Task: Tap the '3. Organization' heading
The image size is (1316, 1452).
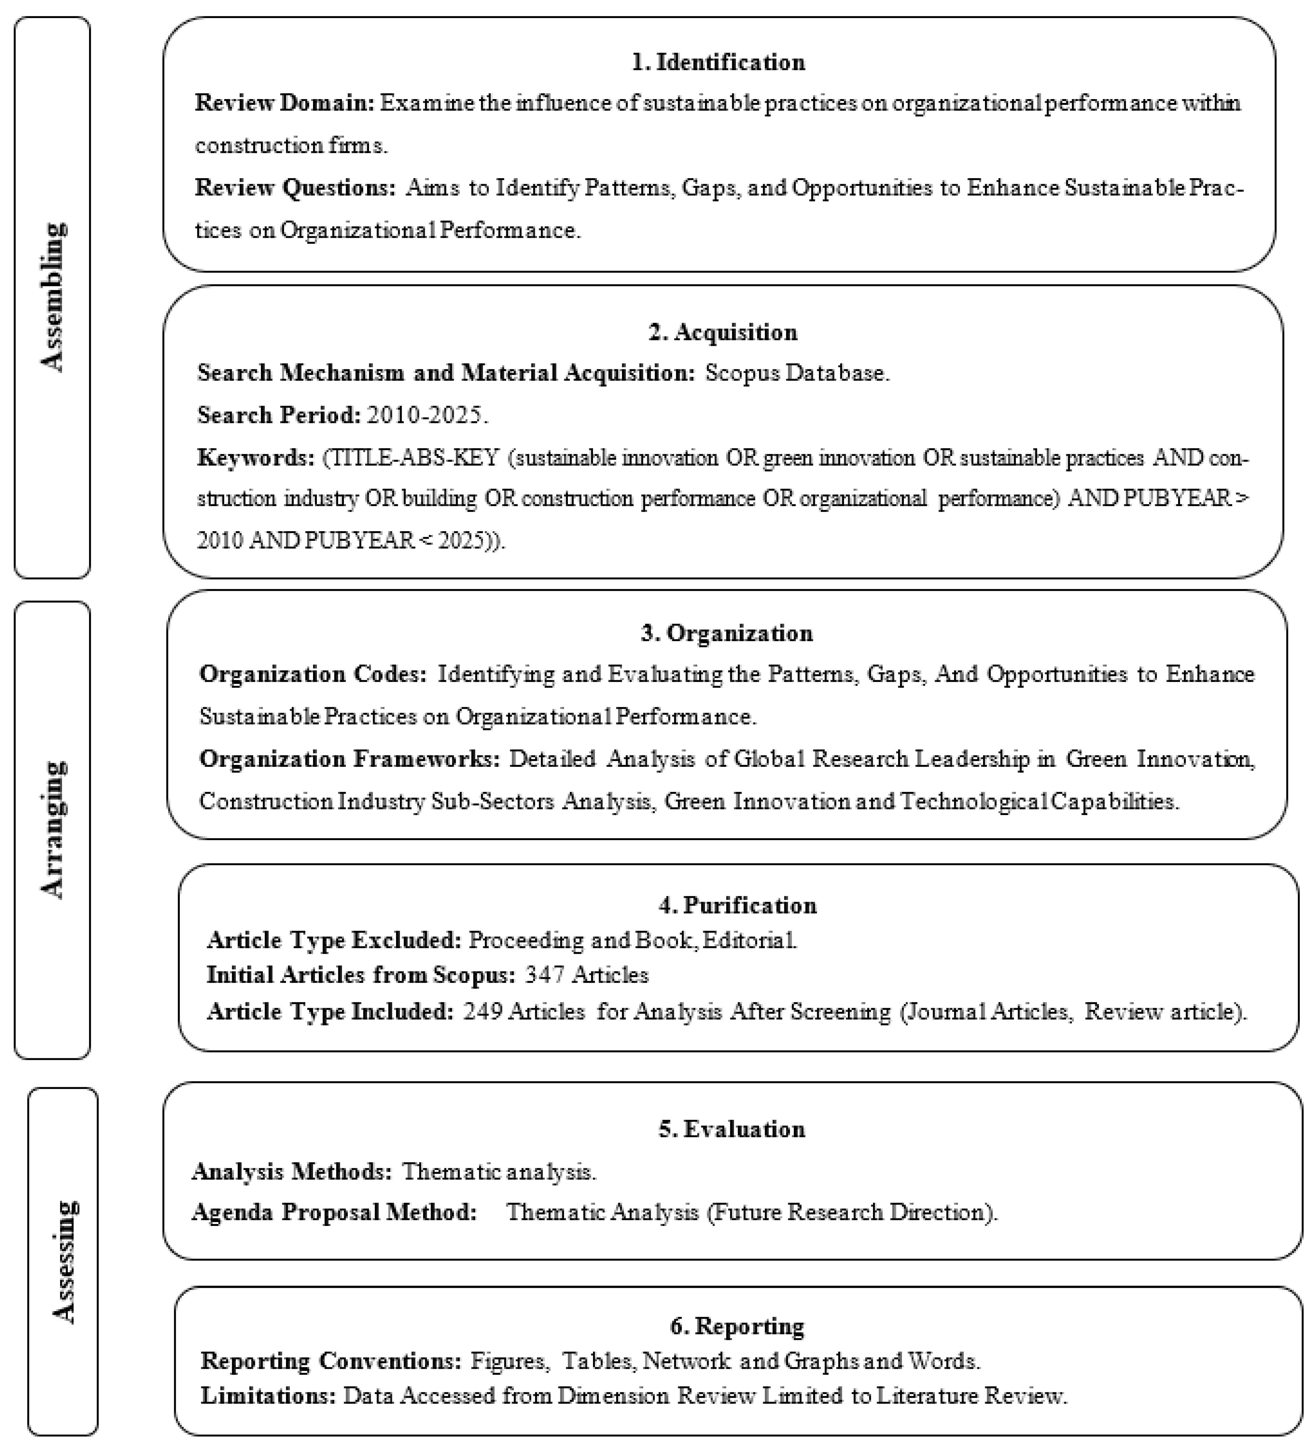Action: coord(726,633)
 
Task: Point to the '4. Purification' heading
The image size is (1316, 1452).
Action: coord(737,905)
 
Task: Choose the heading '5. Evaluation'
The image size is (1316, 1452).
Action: coord(732,1129)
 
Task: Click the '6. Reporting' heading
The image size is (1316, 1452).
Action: coord(737,1326)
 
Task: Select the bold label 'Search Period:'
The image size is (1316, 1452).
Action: coord(278,416)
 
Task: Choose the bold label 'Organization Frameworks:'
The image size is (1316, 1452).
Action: coord(350,759)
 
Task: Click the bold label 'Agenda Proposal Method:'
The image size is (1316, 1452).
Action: coord(334,1212)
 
